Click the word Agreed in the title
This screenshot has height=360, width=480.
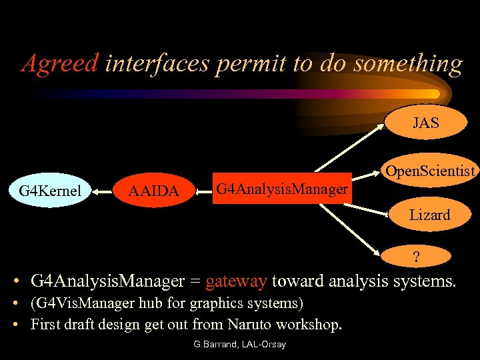pos(60,63)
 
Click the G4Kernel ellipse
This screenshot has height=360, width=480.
pos(50,191)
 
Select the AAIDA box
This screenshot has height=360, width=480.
pos(153,191)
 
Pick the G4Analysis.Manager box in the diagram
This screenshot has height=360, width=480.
pos(281,190)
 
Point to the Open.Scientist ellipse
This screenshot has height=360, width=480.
pos(430,171)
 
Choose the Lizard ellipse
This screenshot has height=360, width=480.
pos(430,215)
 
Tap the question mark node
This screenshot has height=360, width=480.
pos(416,257)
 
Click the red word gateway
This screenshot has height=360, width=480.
pos(237,282)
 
